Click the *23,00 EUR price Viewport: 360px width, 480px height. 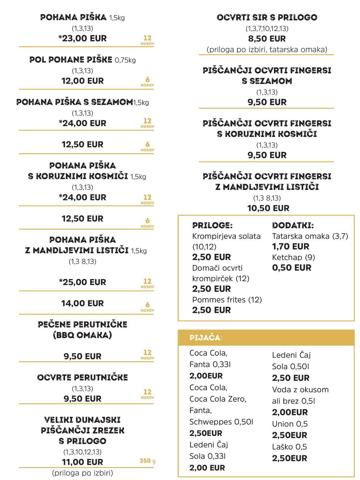tap(82, 38)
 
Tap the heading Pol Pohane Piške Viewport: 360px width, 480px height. tap(71, 60)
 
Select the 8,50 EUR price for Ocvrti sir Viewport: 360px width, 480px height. tap(267, 39)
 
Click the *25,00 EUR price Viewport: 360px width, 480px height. tap(82, 282)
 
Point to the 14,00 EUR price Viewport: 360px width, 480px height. tap(82, 303)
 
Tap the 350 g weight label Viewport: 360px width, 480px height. tap(147, 461)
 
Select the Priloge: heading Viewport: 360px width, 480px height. tap(212, 225)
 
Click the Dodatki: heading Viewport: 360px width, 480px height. tap(293, 225)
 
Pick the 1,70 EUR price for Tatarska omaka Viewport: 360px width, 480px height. tap(290, 246)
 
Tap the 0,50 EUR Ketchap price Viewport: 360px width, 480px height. tap(292, 268)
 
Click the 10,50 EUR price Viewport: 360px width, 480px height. tap(268, 208)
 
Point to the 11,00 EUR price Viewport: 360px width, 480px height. tap(82, 462)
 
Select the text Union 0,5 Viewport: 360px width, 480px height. tap(290, 424)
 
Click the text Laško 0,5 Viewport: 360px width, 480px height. tap(289, 447)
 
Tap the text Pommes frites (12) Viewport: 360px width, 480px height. tap(227, 300)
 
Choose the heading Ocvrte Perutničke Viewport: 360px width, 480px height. tap(82, 377)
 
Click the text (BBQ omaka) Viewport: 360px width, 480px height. tap(82, 335)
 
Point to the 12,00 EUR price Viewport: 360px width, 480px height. tap(82, 81)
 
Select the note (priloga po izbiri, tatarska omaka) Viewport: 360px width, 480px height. tap(267, 49)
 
